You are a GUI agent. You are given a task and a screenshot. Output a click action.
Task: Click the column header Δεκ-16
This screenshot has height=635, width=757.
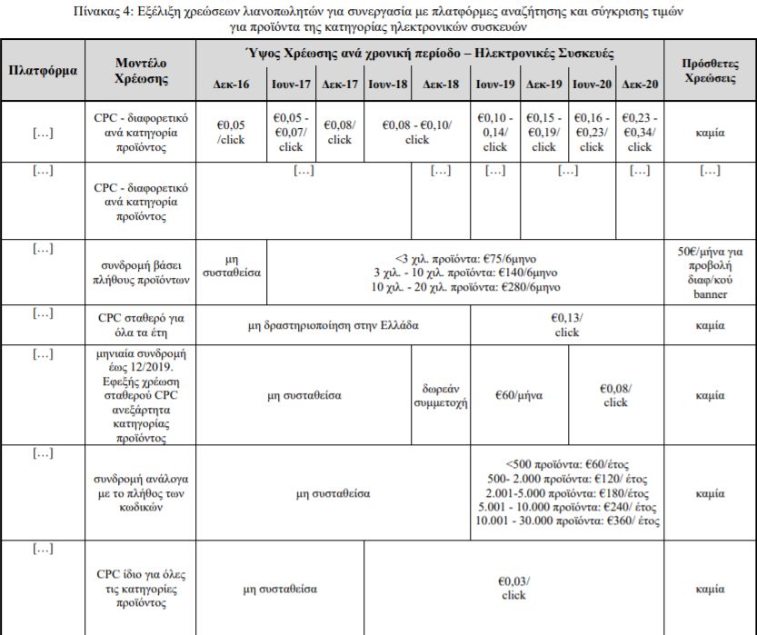(231, 83)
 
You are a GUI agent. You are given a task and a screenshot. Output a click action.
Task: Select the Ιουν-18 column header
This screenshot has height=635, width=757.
(387, 83)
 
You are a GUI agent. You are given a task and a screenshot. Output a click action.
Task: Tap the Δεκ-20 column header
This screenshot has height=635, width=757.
(640, 83)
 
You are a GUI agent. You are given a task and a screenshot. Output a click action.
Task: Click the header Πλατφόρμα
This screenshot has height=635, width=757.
(43, 69)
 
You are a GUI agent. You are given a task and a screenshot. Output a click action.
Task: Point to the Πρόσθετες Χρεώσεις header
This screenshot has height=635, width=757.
(709, 69)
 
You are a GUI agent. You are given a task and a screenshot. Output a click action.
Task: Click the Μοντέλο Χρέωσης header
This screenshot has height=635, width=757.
(143, 69)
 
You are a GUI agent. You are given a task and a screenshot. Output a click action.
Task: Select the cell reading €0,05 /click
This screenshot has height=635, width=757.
(231, 133)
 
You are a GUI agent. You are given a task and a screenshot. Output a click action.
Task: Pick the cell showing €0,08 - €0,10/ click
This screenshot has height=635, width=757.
(417, 133)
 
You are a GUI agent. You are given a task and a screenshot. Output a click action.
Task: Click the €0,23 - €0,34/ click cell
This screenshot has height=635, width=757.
(640, 133)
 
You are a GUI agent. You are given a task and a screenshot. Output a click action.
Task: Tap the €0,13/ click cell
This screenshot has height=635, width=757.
(567, 324)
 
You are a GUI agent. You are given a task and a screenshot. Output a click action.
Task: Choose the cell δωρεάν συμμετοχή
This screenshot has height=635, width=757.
(441, 396)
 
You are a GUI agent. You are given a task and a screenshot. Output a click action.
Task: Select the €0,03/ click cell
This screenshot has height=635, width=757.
(513, 588)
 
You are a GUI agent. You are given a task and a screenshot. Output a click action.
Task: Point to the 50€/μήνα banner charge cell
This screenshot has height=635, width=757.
(710, 273)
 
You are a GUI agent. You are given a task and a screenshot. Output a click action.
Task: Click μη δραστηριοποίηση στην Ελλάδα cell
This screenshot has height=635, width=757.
(333, 324)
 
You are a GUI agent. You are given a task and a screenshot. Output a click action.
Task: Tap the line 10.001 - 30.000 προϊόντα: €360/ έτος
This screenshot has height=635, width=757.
(567, 521)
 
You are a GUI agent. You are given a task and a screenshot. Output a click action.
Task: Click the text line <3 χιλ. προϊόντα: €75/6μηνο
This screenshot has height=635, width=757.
(464, 257)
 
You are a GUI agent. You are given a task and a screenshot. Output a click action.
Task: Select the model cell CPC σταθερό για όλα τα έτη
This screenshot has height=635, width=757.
(143, 324)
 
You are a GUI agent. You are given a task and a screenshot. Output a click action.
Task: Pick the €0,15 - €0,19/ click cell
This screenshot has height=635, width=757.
(543, 133)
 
